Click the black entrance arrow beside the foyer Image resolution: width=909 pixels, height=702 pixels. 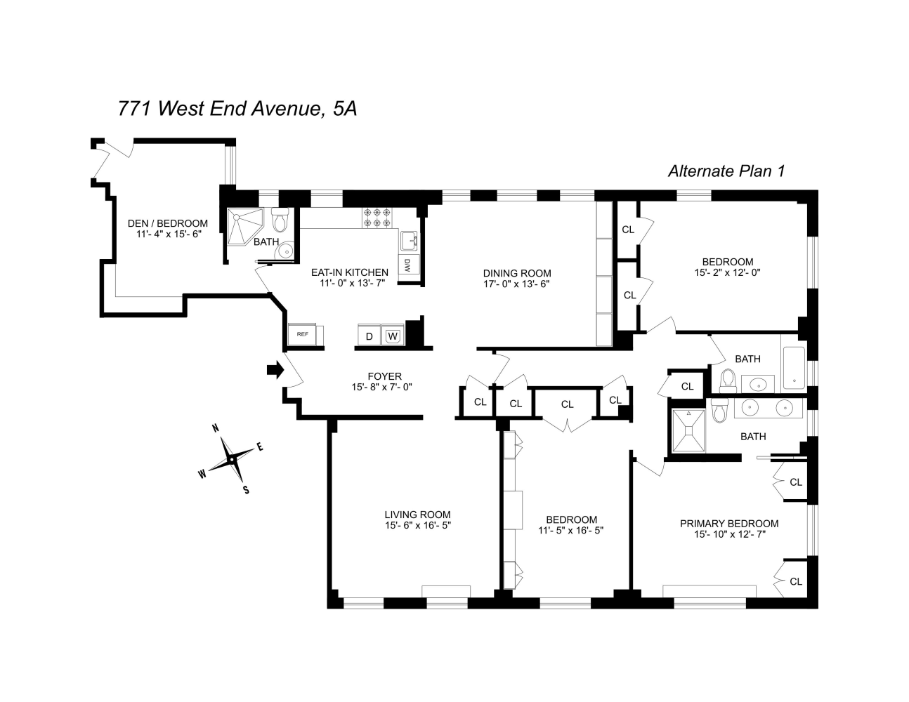(275, 370)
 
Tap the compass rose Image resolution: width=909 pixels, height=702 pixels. (231, 459)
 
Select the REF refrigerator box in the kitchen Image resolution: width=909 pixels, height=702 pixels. (303, 334)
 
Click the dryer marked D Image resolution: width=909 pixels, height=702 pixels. (369, 336)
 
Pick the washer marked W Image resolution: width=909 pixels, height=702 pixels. (393, 336)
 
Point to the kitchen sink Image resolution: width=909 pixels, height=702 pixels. (409, 241)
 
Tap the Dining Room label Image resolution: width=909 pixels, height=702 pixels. (516, 273)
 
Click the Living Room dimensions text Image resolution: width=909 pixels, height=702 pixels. (417, 526)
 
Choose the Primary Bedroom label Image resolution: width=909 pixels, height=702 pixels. (728, 523)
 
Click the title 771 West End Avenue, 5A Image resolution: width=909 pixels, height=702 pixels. (237, 109)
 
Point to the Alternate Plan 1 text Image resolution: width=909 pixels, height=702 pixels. (725, 171)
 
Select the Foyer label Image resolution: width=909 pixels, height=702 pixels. (384, 376)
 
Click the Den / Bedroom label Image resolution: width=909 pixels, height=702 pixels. (168, 223)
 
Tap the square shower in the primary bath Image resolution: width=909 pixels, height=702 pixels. (688, 431)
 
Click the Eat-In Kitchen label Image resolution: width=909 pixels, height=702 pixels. (349, 272)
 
